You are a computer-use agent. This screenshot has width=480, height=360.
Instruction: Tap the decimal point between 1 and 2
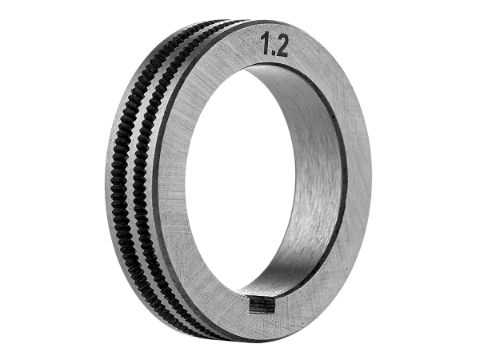coord(272,54)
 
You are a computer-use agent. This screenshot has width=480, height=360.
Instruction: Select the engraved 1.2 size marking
coord(274,46)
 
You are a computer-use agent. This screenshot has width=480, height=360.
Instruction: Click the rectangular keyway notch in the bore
coord(261,305)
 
